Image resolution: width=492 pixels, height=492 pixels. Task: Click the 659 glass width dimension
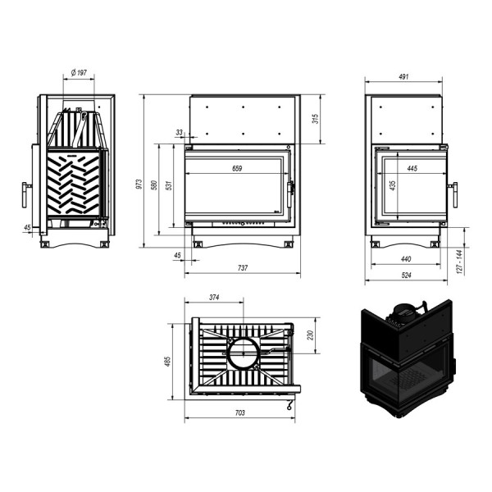[x=236, y=168]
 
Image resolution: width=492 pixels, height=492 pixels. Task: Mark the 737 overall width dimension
[x=242, y=268]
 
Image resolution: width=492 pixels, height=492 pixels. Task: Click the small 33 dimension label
[x=180, y=131]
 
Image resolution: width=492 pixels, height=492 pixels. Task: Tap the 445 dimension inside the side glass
[x=411, y=168]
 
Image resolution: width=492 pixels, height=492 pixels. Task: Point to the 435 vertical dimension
[x=393, y=185]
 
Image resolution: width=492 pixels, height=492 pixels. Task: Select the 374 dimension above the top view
[x=214, y=296]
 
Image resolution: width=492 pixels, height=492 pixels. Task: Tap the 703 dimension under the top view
[x=239, y=412]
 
